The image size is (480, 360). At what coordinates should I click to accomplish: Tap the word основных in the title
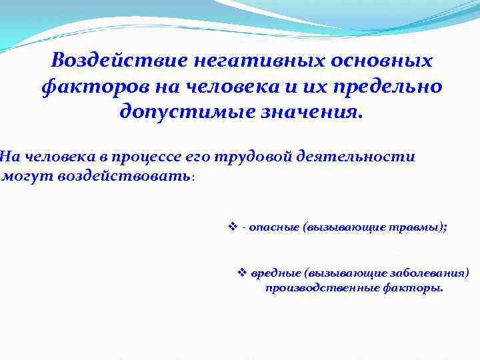point(382,61)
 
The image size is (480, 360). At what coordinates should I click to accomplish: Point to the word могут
point(23,176)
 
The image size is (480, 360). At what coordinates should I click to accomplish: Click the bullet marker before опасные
point(233,227)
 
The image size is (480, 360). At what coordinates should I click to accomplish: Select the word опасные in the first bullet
point(273,227)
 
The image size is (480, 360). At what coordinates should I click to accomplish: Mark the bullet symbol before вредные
point(243,273)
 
